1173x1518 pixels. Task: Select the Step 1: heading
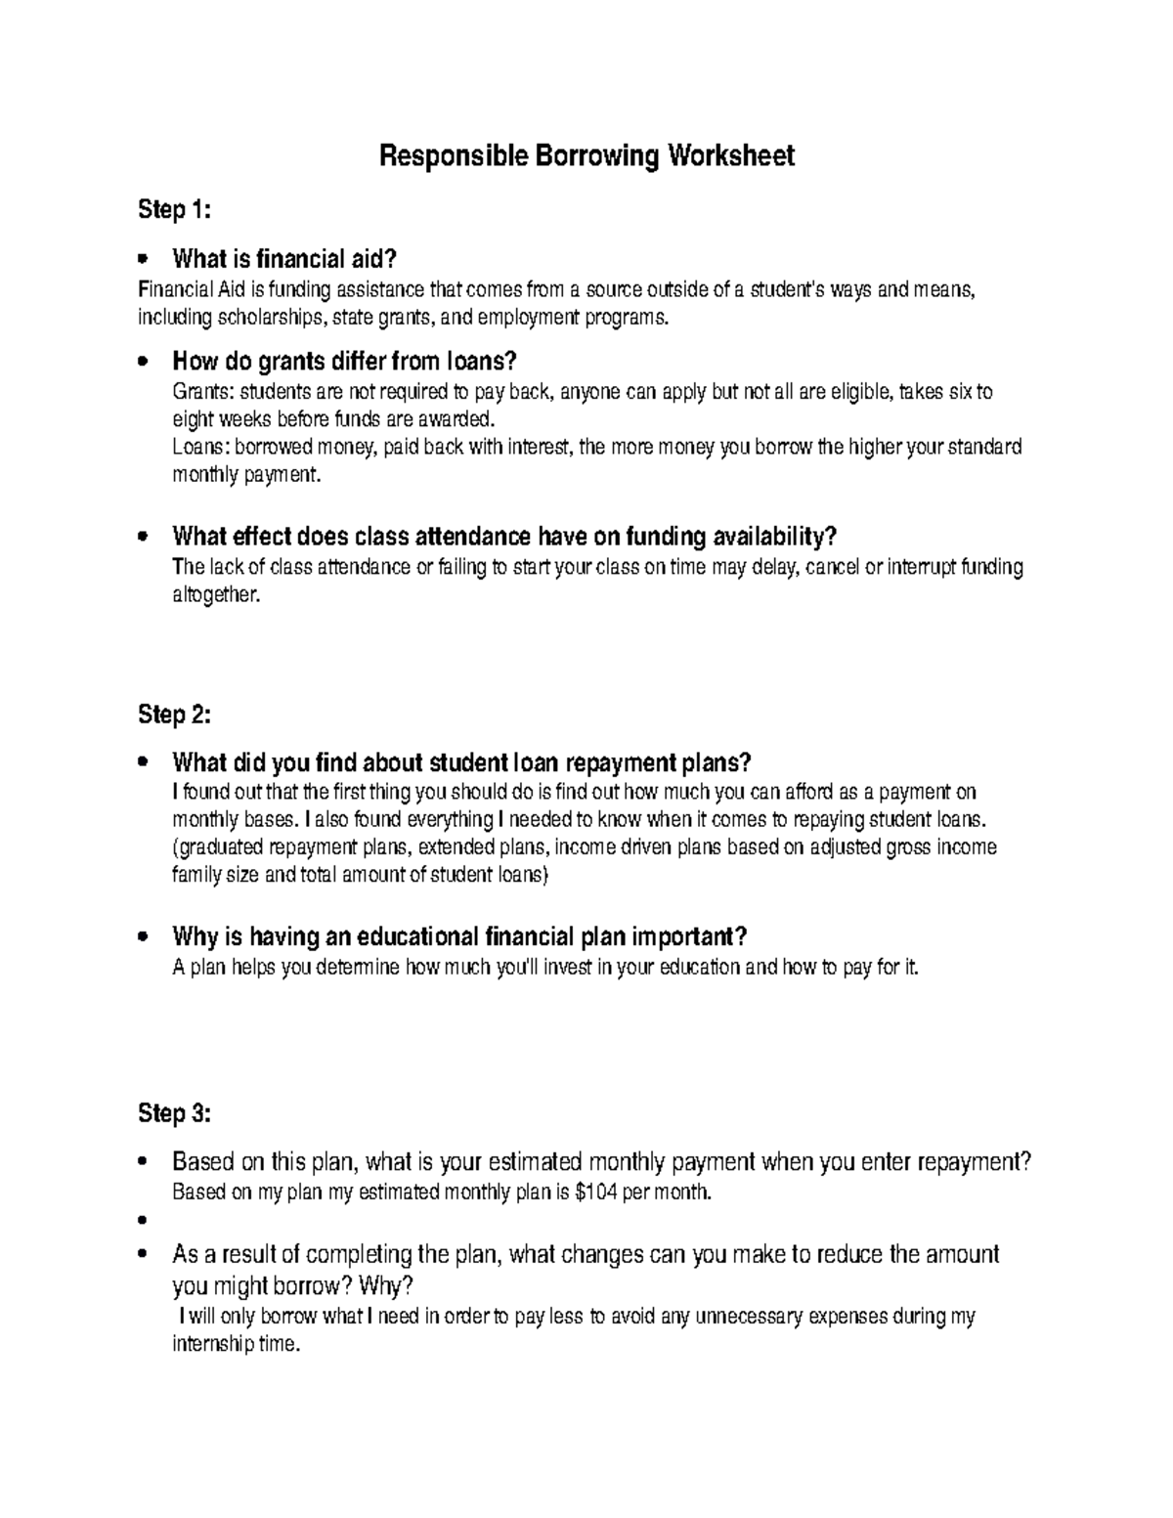coord(174,209)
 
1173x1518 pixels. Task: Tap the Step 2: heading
coord(174,715)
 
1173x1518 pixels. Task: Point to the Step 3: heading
coord(174,1113)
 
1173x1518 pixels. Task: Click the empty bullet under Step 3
coord(143,1221)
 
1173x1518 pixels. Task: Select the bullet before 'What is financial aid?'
coord(143,259)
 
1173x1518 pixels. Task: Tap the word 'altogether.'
coord(216,594)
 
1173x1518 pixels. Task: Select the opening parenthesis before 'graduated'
coord(175,846)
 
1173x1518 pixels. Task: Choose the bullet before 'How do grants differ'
coord(143,362)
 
